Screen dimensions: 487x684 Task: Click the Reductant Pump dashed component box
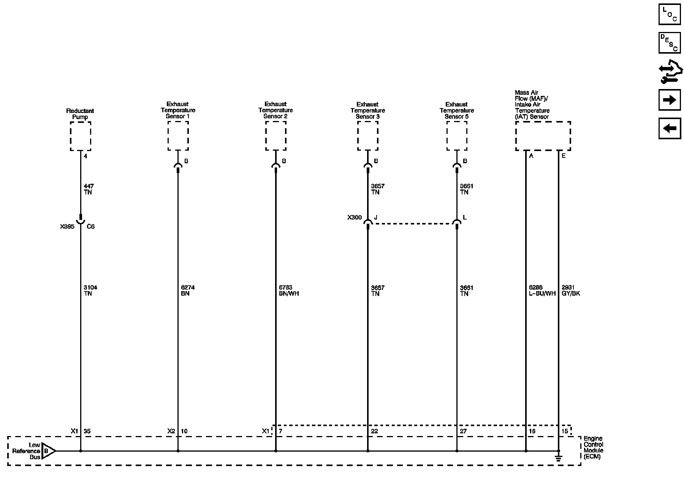(81, 136)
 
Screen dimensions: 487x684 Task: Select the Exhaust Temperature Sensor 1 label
(178, 110)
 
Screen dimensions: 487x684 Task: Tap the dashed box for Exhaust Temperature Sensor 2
(276, 136)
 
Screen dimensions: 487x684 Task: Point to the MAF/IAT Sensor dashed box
(543, 136)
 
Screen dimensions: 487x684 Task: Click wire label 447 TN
(88, 189)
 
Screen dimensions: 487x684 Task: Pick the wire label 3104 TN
(90, 290)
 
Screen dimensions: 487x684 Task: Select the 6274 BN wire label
(188, 290)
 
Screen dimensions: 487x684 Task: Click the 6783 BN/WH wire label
(289, 290)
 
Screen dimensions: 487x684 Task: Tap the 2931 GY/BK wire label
(571, 290)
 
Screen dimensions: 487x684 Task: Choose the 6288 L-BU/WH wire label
(540, 290)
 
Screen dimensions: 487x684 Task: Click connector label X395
(67, 226)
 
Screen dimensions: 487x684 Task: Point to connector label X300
(355, 218)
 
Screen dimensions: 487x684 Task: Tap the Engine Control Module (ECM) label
(593, 447)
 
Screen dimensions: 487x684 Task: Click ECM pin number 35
(87, 431)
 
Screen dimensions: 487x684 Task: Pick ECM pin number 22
(374, 431)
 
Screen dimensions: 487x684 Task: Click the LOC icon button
(670, 14)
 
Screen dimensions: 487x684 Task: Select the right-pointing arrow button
(670, 100)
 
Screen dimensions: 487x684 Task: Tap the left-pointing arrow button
(670, 128)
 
